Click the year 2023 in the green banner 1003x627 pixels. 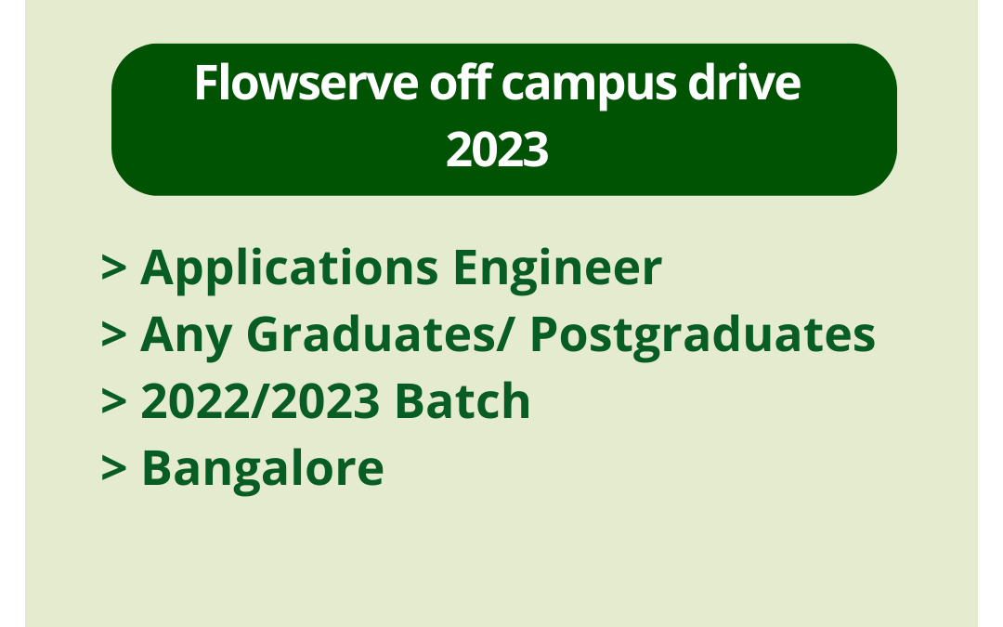(x=497, y=150)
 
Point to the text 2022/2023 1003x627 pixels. (x=261, y=402)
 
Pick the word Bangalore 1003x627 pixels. (x=262, y=469)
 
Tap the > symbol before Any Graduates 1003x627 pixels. (x=113, y=335)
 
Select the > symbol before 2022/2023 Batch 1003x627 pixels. (x=113, y=402)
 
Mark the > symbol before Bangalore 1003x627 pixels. (x=113, y=469)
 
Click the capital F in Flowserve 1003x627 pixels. (x=204, y=85)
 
